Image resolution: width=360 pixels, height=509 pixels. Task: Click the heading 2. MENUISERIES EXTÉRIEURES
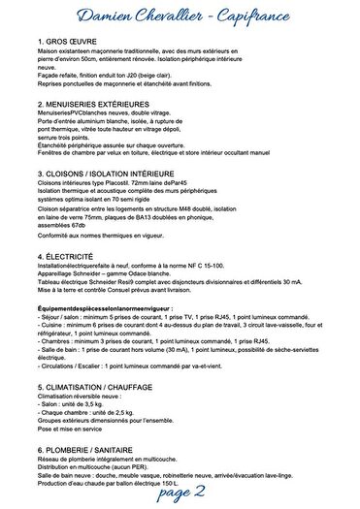pos(102,102)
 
